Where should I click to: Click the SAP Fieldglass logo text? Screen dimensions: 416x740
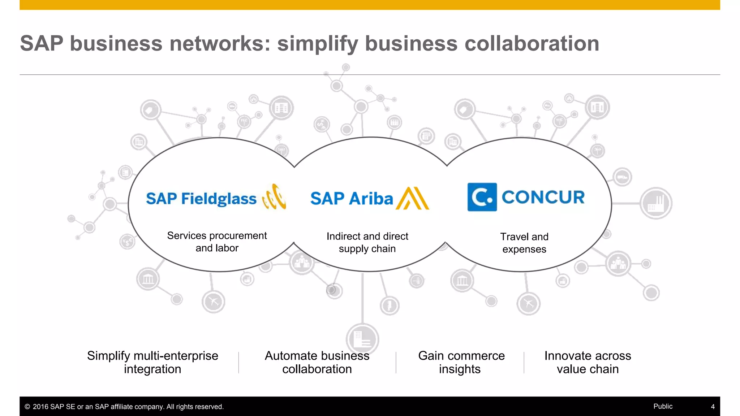(201, 199)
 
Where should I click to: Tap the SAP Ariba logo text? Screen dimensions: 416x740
(351, 199)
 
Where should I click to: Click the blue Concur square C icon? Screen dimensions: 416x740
(482, 197)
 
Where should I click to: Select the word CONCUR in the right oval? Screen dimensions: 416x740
(543, 197)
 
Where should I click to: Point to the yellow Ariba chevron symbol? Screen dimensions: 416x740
(412, 198)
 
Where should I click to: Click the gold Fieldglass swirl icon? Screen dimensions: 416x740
(275, 197)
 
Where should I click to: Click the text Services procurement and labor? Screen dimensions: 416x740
(217, 242)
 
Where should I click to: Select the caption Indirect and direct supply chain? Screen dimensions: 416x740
(367, 242)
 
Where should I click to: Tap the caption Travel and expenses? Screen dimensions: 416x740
(524, 243)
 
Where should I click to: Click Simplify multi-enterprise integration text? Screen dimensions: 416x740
(152, 362)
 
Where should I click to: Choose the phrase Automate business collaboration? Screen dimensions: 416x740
(317, 362)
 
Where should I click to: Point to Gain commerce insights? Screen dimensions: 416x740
(461, 362)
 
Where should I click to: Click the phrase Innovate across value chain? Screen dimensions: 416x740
(588, 362)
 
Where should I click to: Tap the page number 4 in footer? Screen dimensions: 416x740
(713, 407)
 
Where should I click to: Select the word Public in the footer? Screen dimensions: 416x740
(663, 406)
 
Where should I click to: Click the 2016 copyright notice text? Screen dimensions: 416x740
(124, 407)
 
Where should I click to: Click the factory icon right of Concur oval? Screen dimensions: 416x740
(656, 203)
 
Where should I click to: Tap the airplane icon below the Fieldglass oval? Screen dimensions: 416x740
(213, 301)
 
